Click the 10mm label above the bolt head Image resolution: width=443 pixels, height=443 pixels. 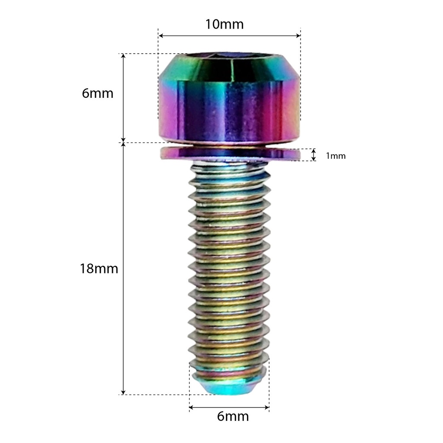click(x=225, y=24)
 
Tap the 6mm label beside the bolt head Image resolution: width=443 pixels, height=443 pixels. click(x=97, y=93)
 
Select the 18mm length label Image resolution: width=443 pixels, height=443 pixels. click(x=99, y=269)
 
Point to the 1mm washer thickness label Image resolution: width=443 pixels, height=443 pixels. click(x=336, y=156)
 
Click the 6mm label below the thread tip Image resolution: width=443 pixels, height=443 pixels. click(x=233, y=417)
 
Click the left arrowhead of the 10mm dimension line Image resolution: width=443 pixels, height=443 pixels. click(x=161, y=35)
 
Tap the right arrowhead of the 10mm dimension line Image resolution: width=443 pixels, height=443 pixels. click(x=298, y=35)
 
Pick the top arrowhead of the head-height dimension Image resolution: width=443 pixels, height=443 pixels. click(x=123, y=56)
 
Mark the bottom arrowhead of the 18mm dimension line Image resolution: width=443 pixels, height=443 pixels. click(x=123, y=392)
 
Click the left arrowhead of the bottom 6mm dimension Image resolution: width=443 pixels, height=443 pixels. click(x=192, y=408)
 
